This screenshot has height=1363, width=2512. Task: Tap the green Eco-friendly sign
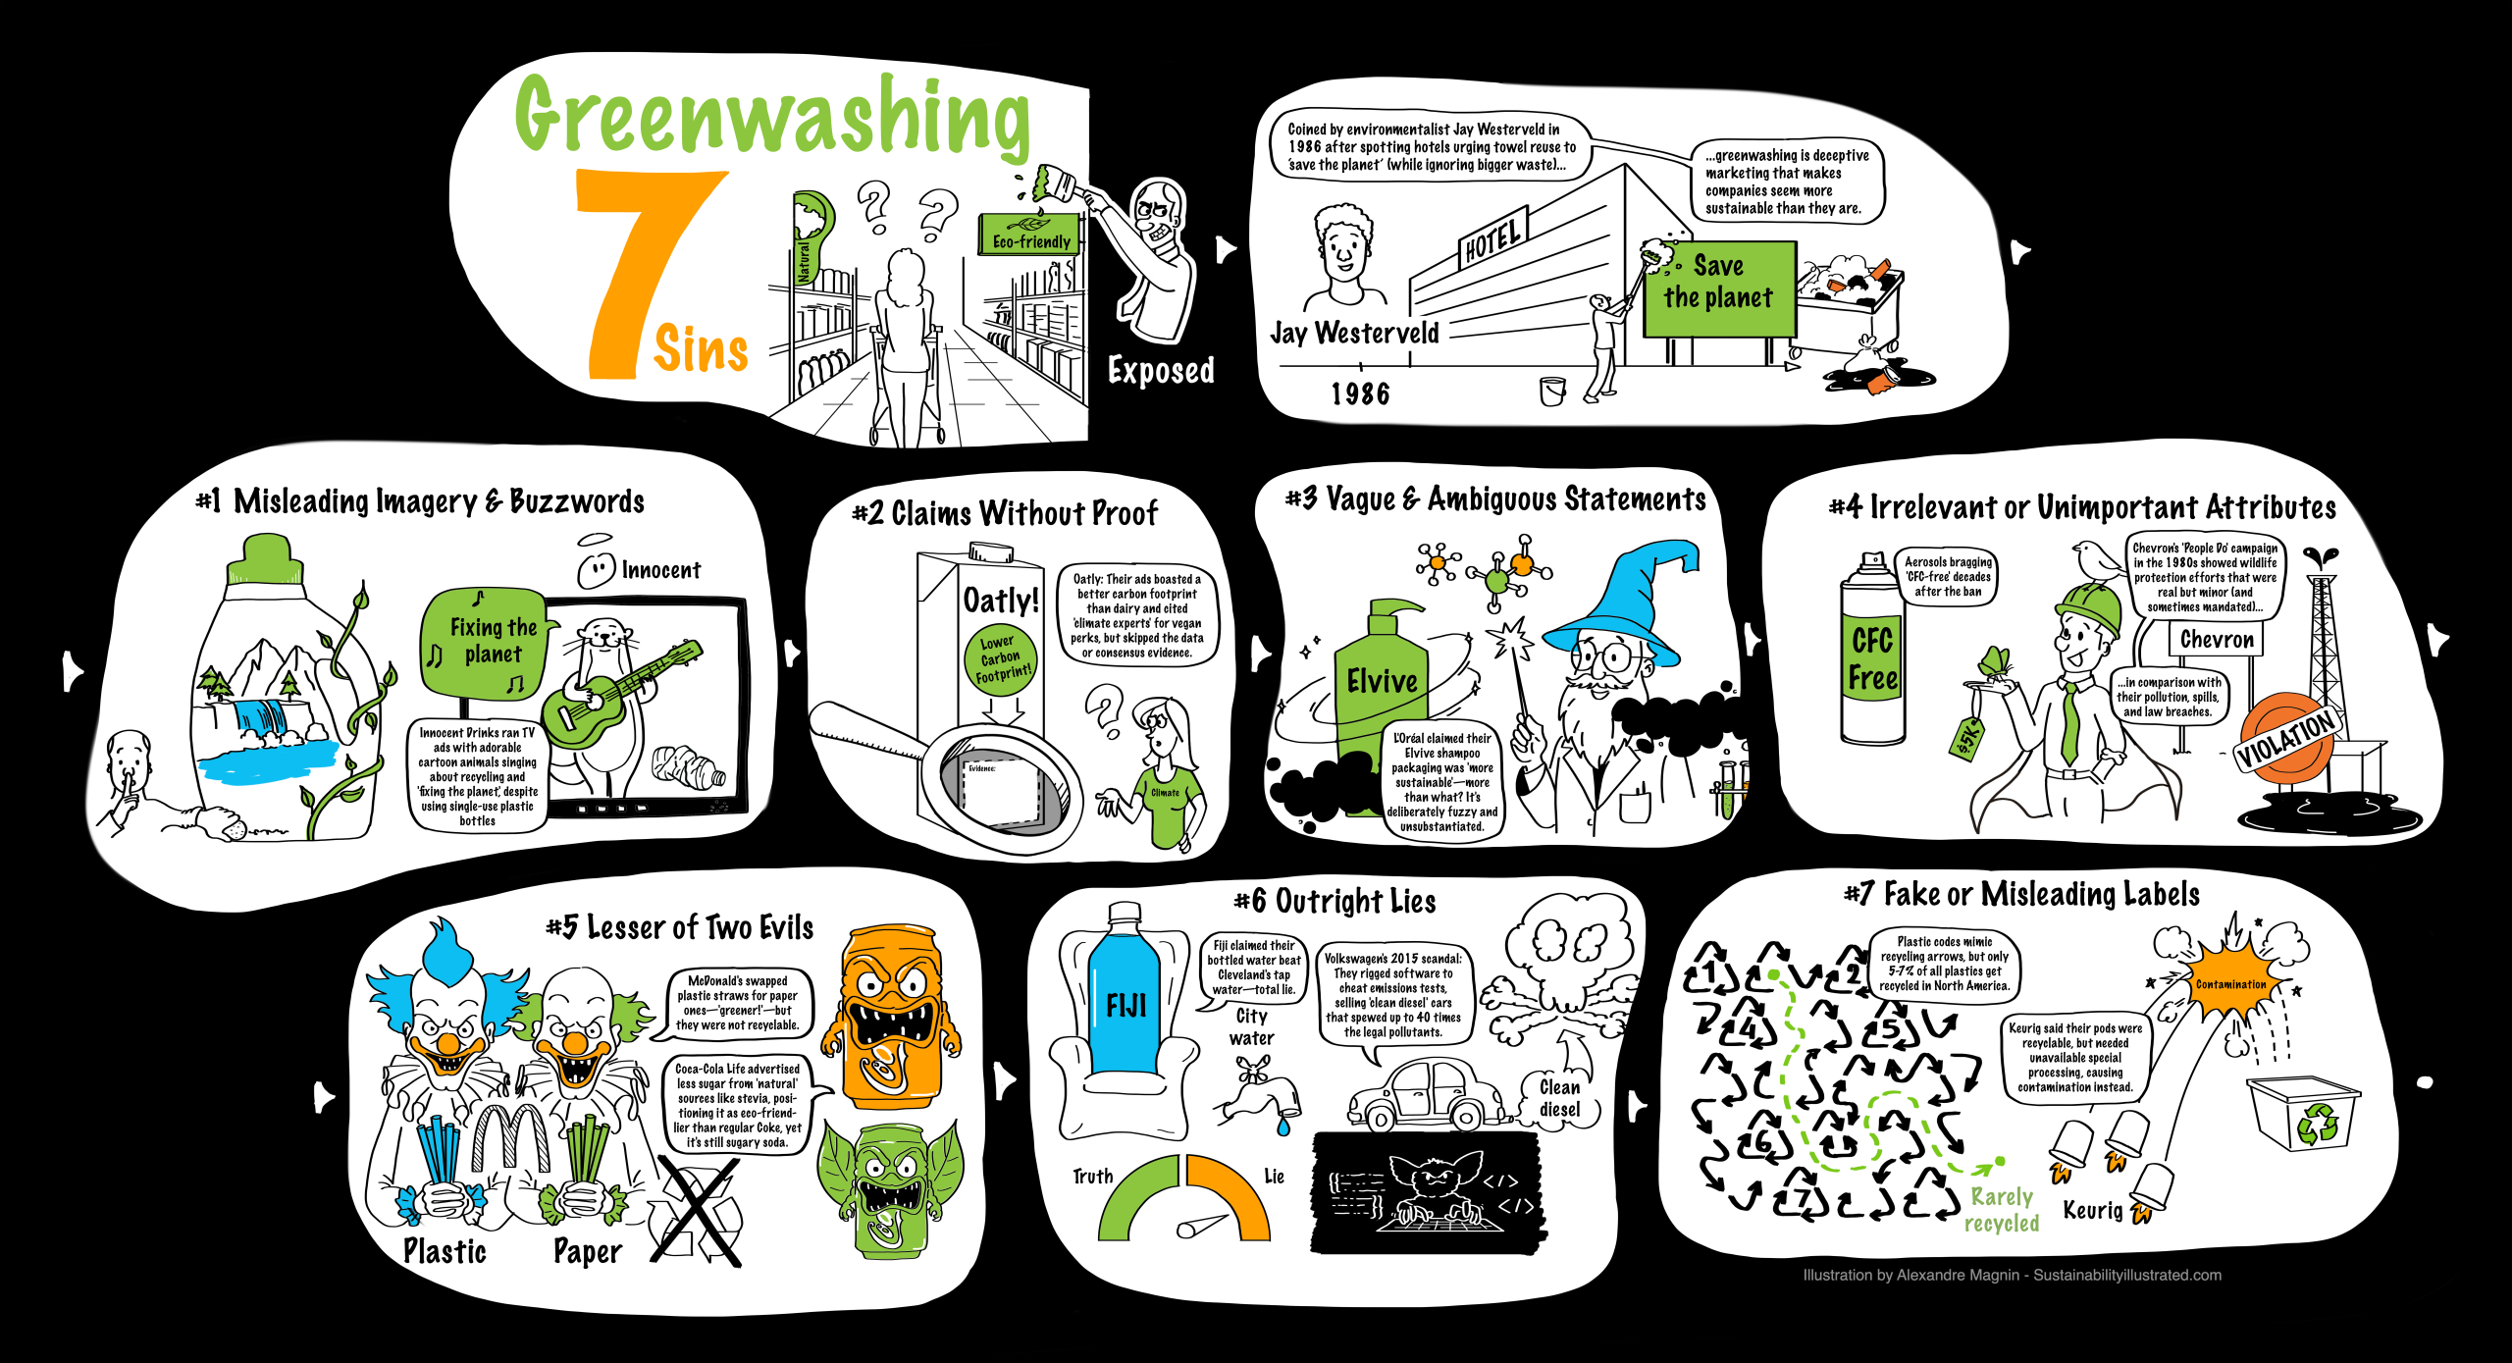tap(1029, 236)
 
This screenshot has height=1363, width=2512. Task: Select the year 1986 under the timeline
tap(1360, 393)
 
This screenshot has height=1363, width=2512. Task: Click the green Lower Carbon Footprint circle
tap(1002, 658)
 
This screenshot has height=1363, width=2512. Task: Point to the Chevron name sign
tap(2217, 640)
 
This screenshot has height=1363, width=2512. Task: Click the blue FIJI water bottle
tap(1125, 1001)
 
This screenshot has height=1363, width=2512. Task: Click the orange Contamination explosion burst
tap(2232, 981)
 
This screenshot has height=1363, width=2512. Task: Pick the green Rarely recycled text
tap(2002, 1209)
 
